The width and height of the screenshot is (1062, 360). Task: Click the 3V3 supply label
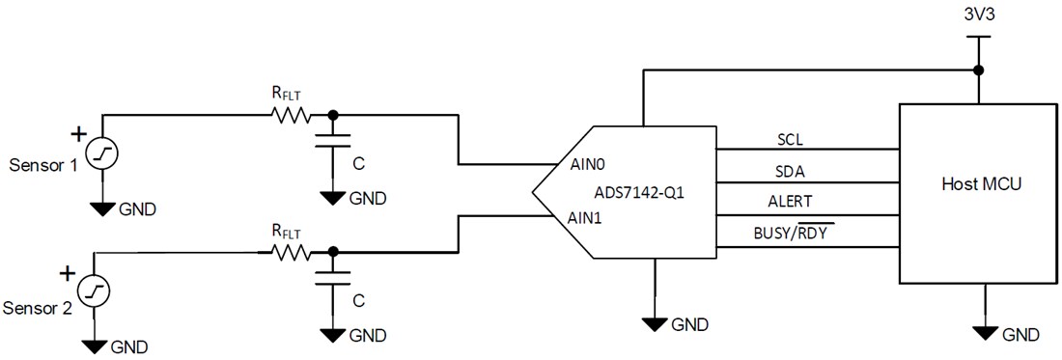tap(977, 17)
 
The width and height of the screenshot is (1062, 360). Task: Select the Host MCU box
tap(976, 192)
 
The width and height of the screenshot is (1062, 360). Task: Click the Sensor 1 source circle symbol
tap(100, 155)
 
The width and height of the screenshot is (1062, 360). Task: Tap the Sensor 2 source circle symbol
tap(94, 291)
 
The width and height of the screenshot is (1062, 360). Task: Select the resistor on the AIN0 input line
tap(291, 115)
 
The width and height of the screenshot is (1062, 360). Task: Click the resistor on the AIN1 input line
tap(291, 253)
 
